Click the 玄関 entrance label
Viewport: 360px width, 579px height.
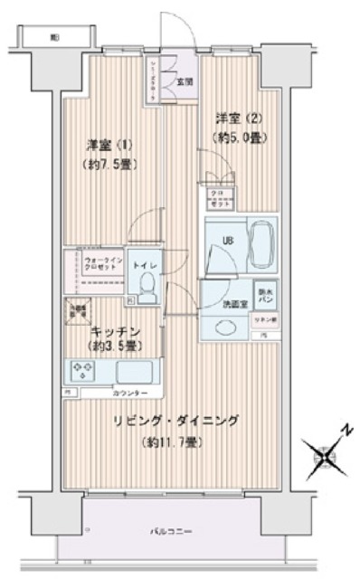click(184, 81)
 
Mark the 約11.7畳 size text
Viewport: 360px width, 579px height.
click(171, 442)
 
